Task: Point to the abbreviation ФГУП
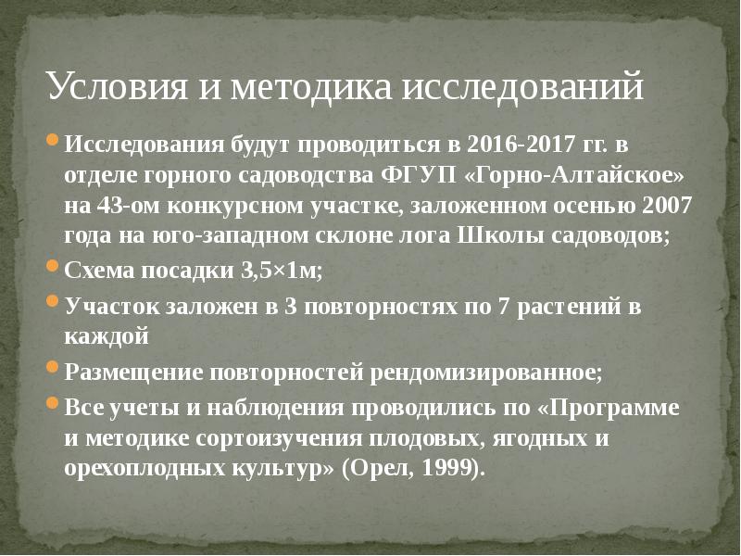[x=416, y=175]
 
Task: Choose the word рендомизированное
[x=487, y=373]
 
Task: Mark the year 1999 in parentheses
[x=451, y=468]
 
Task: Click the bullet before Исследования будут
[x=54, y=144]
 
